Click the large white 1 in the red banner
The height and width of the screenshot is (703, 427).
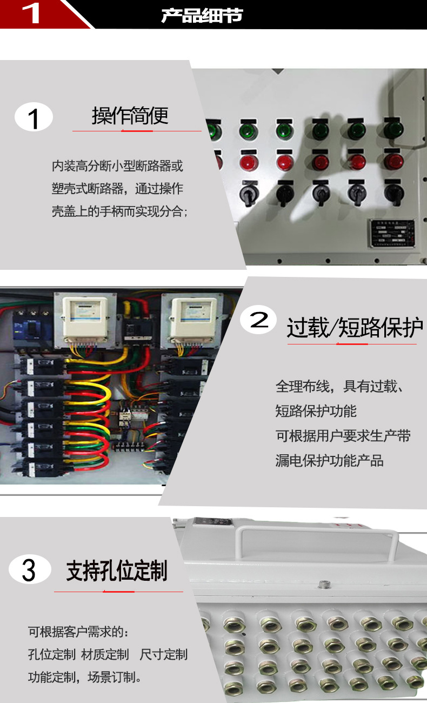coord(31,13)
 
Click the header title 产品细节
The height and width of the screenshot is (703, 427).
coord(202,16)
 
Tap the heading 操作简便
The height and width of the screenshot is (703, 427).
coord(130,116)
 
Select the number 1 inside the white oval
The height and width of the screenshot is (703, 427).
coord(34,118)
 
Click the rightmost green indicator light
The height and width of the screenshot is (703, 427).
coord(393,130)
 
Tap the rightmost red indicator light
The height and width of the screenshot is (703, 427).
coord(393,161)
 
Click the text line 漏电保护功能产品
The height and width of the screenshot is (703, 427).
coord(329,461)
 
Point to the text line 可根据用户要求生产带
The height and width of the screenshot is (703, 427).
coord(343,436)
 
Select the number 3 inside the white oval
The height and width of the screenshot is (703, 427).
coord(29,571)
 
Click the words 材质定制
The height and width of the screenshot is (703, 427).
coord(105,654)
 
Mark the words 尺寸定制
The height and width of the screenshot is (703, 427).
coord(163,654)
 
